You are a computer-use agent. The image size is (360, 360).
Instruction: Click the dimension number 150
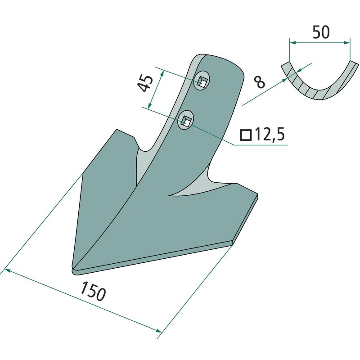[93, 291]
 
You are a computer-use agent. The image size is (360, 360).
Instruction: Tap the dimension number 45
[145, 83]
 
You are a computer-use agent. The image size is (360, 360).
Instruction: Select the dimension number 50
[321, 32]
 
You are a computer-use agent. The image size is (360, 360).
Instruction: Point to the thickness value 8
[260, 82]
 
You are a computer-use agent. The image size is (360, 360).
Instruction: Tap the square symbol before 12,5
[246, 135]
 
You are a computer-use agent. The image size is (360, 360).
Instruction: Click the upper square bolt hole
[202, 81]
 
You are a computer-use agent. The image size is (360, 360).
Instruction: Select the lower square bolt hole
[186, 120]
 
